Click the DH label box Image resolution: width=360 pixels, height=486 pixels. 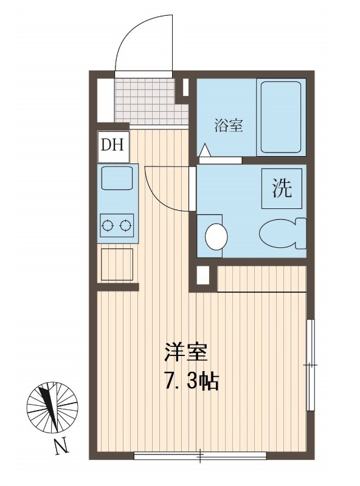tap(113, 146)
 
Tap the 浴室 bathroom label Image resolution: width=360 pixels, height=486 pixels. tap(229, 126)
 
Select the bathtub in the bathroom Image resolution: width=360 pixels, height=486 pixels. tap(280, 117)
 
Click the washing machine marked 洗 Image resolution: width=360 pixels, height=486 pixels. tap(282, 188)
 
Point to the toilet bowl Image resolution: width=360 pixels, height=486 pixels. tap(282, 233)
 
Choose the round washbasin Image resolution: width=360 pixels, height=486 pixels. tap(216, 236)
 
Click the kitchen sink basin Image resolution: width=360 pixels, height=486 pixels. tap(117, 177)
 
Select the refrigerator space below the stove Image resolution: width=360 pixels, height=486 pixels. tap(117, 265)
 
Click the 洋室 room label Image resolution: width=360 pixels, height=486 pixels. tap(185, 353)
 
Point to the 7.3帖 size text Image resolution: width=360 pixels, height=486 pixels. tap(192, 382)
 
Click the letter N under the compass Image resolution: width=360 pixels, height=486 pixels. tap(61, 445)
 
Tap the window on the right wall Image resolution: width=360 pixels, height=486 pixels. tap(310, 365)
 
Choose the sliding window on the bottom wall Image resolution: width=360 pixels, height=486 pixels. tap(200, 455)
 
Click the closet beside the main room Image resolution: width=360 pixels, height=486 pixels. tap(261, 279)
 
